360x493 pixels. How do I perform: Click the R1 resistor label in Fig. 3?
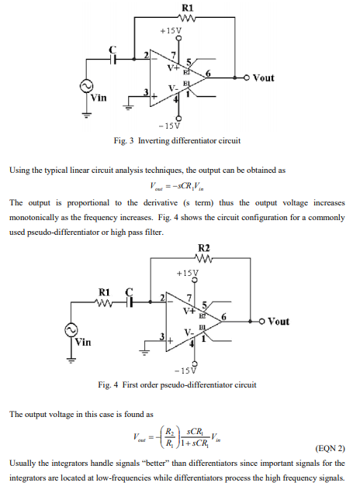[186, 7]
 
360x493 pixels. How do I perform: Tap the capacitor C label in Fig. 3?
[113, 48]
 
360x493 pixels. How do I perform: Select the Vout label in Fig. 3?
[262, 78]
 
